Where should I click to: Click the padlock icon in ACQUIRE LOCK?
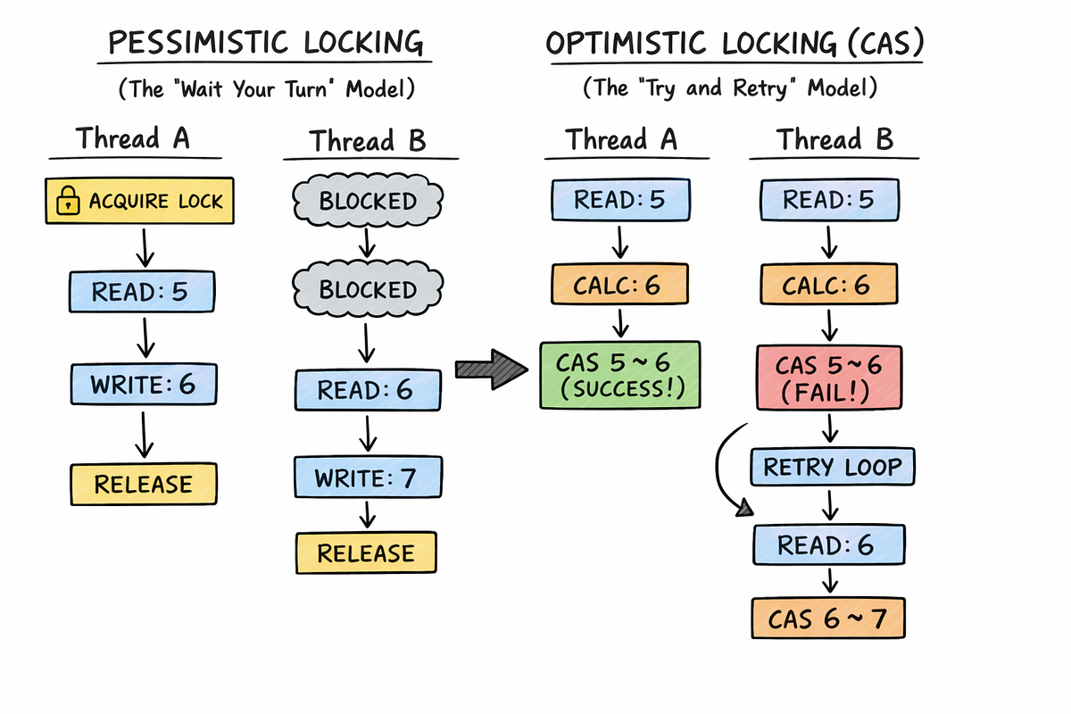click(68, 201)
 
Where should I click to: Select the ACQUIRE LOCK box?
click(139, 201)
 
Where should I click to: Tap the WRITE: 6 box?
click(144, 384)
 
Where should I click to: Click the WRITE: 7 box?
click(368, 477)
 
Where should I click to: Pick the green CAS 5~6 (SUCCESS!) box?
click(620, 375)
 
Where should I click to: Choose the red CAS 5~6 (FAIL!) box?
click(829, 378)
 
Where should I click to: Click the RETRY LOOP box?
click(833, 467)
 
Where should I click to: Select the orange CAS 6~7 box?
click(828, 618)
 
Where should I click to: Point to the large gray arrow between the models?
click(492, 369)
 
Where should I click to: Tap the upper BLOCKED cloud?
click(368, 200)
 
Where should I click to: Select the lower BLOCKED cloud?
click(368, 288)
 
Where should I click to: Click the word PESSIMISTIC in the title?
click(198, 42)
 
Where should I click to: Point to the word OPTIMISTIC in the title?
click(626, 43)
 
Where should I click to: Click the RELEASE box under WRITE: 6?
click(144, 484)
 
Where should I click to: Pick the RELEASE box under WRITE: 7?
click(366, 552)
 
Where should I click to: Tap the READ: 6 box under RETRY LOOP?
click(828, 544)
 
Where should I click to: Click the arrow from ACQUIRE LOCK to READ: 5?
click(145, 248)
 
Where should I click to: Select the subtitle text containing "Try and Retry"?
click(730, 88)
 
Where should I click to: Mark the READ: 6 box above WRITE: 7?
click(368, 390)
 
